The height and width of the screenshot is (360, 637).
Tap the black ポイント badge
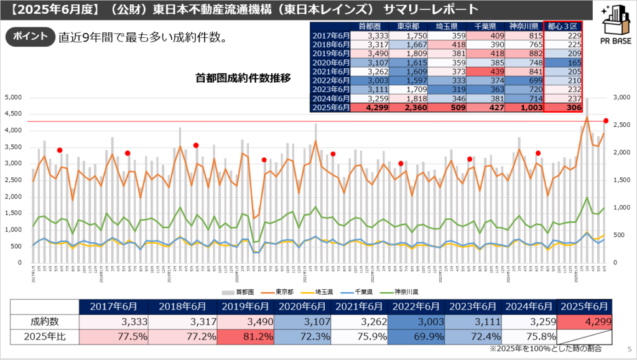click(30, 36)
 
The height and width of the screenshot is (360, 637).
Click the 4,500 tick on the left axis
click(13, 114)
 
